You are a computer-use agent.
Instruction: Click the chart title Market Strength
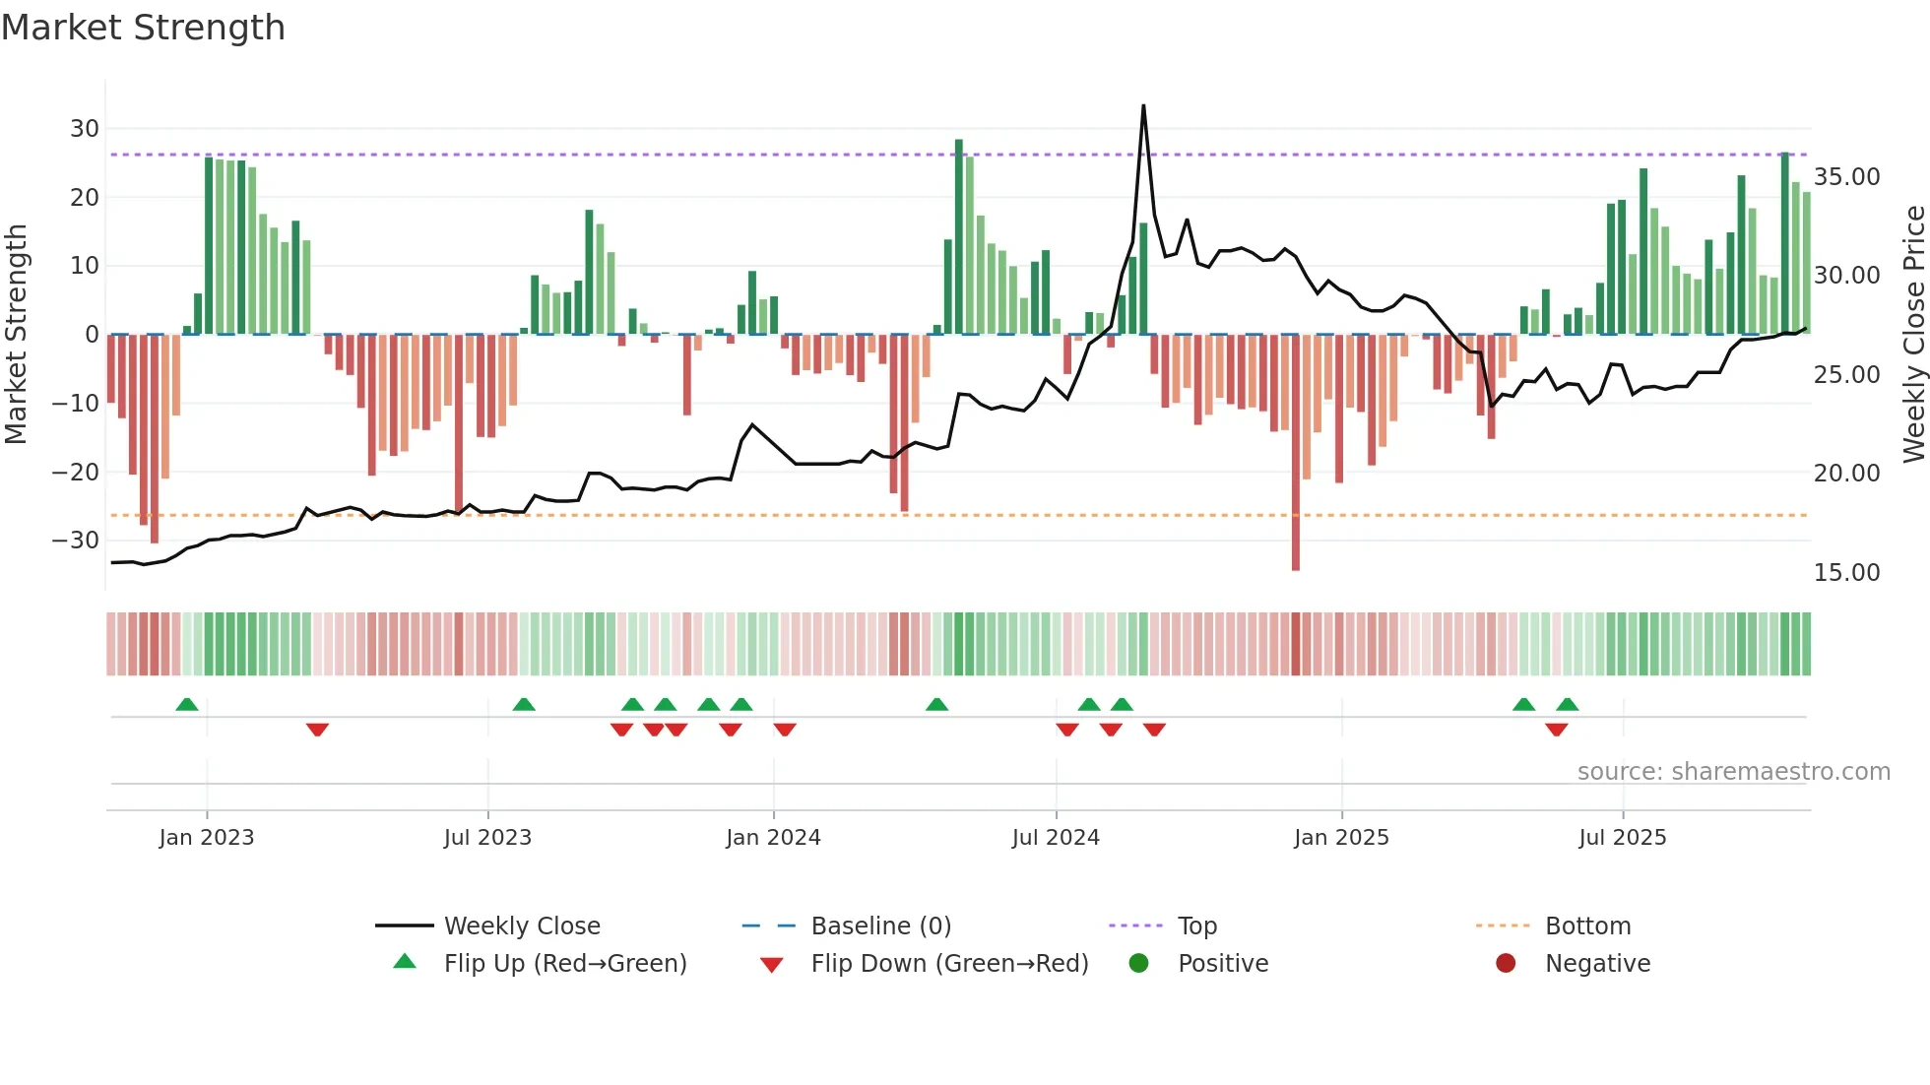(x=143, y=28)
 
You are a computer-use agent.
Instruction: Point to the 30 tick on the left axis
(x=85, y=129)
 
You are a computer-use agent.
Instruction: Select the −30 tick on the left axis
(x=76, y=541)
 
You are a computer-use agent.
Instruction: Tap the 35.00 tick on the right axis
(x=1846, y=177)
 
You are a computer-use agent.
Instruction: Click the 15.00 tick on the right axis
(x=1846, y=573)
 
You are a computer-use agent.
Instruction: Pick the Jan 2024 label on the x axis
(x=773, y=838)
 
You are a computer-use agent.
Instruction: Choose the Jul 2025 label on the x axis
(x=1622, y=838)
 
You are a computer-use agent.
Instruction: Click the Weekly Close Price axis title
(x=1913, y=335)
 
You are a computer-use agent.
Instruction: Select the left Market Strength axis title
(x=16, y=335)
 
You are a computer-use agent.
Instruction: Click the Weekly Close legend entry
(x=521, y=926)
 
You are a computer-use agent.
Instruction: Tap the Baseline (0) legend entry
(x=880, y=926)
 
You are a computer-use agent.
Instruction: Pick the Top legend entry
(x=1196, y=926)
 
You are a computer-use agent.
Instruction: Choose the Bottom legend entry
(x=1587, y=926)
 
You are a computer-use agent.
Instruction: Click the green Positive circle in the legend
(x=1139, y=964)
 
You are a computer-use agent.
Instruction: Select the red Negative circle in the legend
(x=1506, y=964)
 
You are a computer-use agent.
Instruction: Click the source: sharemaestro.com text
(x=1733, y=772)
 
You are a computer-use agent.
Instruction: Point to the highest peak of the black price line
(x=1143, y=106)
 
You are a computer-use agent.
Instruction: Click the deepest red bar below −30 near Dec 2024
(x=1296, y=551)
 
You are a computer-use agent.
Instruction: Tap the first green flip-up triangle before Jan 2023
(x=187, y=704)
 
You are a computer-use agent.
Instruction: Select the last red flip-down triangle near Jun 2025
(x=1557, y=730)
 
